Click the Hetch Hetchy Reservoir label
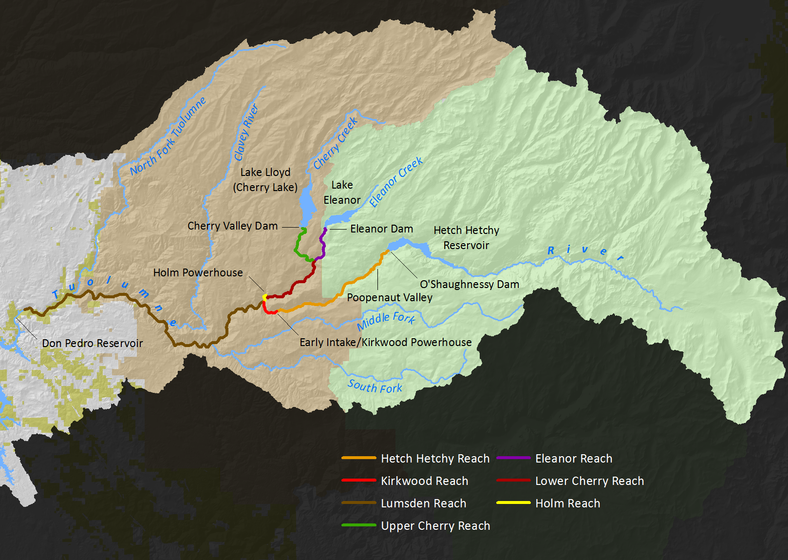pos(466,237)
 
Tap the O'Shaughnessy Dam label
pos(469,284)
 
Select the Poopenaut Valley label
pos(390,297)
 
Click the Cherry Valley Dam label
pos(232,226)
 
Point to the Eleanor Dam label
pos(381,229)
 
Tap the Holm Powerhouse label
pos(198,272)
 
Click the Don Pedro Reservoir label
pos(92,343)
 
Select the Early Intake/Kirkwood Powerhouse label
pos(385,342)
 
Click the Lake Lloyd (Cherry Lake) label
pos(265,180)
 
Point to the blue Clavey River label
pos(246,132)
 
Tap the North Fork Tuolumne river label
pos(168,136)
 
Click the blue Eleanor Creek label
pos(395,182)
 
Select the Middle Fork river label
pos(386,320)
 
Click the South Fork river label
pos(375,386)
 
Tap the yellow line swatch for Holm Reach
pos(513,502)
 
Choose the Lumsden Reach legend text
pos(423,503)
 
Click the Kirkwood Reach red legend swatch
pos(359,480)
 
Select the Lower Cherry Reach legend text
pos(589,481)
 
